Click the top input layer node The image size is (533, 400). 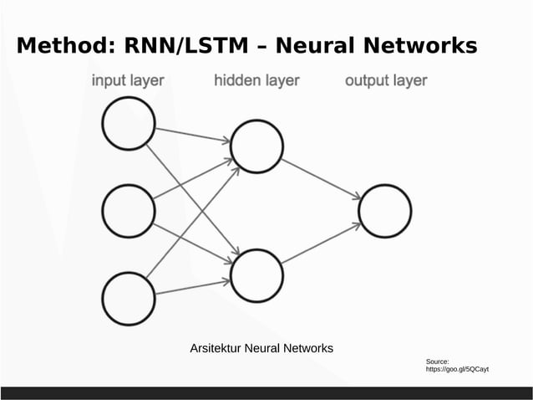point(128,125)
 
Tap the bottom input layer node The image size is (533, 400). point(128,299)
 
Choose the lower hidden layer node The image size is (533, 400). point(256,276)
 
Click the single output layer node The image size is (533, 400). point(384,211)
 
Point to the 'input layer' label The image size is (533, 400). point(128,81)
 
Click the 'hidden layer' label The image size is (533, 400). point(256,81)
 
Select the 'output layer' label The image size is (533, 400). point(386,81)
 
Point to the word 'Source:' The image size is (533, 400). point(438,361)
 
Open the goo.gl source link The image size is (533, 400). point(457,369)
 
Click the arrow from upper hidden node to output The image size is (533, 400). point(321,179)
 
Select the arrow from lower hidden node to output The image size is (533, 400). point(321,244)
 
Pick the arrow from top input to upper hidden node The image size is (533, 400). point(192,135)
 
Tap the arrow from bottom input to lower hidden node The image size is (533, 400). point(192,287)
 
